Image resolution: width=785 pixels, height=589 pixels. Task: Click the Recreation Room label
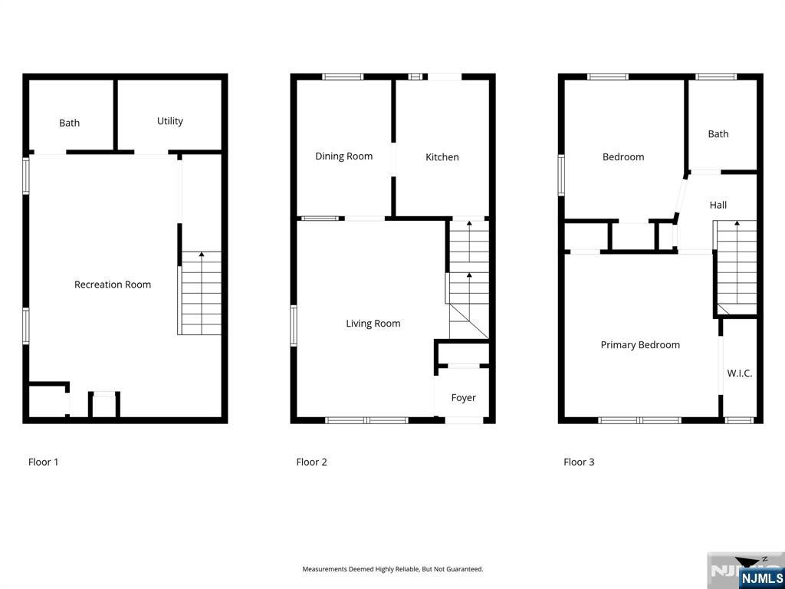point(113,285)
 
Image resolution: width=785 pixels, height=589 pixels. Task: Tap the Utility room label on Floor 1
point(169,121)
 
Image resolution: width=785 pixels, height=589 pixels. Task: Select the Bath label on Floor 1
point(69,123)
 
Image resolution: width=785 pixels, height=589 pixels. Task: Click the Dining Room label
point(344,156)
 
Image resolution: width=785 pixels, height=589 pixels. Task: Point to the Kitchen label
point(442,156)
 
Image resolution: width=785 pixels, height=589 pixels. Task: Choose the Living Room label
point(373,324)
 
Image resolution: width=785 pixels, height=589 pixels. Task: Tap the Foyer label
point(463,398)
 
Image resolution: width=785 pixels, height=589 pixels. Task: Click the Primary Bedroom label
point(640,344)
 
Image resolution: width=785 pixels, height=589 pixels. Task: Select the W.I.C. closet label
point(740,373)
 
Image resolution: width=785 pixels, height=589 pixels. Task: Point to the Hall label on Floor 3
point(718,205)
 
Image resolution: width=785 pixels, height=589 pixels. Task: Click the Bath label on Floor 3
point(718,133)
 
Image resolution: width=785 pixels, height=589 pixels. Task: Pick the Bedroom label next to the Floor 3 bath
point(623,156)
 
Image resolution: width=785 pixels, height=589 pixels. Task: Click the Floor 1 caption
point(43,462)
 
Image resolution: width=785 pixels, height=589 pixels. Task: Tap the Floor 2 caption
point(311,462)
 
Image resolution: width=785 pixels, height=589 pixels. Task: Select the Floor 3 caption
point(579,462)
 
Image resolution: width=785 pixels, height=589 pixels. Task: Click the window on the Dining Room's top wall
point(343,77)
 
